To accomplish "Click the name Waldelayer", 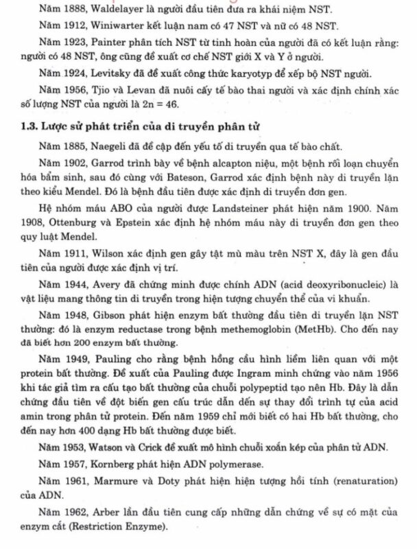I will pos(101,9).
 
